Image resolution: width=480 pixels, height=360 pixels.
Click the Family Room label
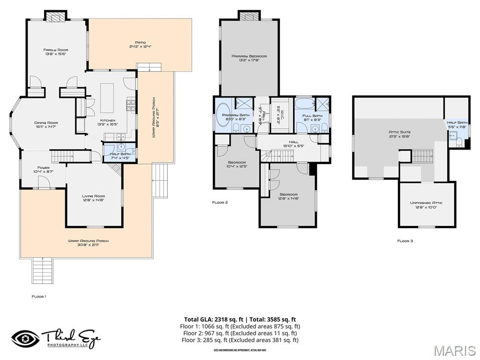[x=56, y=50]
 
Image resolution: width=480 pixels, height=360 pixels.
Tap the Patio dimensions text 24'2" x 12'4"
[x=141, y=47]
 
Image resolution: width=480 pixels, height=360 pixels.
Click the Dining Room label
[x=46, y=123]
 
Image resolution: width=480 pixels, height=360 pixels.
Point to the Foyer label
[x=43, y=168]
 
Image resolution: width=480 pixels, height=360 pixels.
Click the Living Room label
[x=93, y=196]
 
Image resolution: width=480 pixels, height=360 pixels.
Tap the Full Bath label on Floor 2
[x=312, y=115]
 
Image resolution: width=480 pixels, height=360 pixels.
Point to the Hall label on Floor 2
[x=293, y=142]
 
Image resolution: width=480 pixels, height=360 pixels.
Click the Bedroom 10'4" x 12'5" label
[x=237, y=162]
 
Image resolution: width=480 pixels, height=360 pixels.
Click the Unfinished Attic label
[x=426, y=202]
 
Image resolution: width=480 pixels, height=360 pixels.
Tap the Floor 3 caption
[x=405, y=240]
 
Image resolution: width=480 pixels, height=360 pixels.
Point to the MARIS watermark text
[x=454, y=351]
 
